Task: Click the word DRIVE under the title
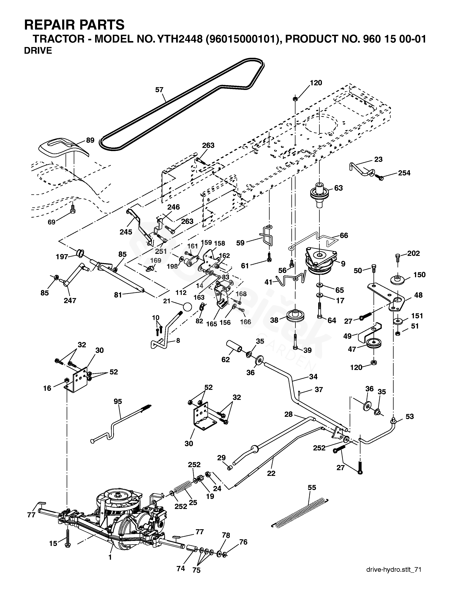point(38,51)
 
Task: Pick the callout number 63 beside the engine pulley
point(338,188)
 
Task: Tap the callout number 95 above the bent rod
point(118,401)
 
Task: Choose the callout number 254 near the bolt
point(404,173)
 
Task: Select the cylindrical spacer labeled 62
point(234,346)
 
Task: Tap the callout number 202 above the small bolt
point(414,253)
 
